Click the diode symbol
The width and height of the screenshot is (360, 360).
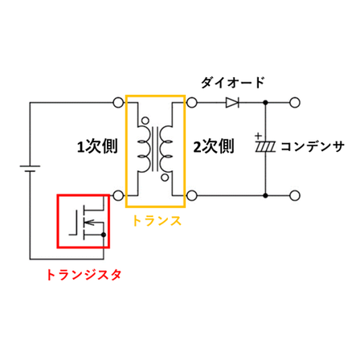coord(232,103)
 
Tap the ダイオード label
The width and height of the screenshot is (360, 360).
coord(233,83)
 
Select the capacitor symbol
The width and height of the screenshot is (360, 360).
coord(265,147)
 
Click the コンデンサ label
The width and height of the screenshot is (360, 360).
coord(313,147)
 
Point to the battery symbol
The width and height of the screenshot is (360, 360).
coord(30,169)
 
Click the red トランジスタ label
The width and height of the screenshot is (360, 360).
coord(84,275)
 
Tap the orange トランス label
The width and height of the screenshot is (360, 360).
coord(157,221)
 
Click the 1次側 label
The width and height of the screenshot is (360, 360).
coord(97,146)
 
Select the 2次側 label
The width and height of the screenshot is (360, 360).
coord(214,146)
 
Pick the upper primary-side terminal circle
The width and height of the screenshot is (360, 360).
coord(118,103)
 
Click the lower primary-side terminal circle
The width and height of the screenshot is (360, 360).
coord(118,195)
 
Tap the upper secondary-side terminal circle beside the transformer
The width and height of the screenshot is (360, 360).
coord(191,103)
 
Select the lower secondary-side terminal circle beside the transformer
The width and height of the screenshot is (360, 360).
coord(191,195)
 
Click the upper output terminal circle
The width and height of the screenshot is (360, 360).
coord(295,103)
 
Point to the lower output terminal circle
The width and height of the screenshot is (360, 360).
coord(295,195)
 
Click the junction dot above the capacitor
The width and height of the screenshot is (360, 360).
coord(265,103)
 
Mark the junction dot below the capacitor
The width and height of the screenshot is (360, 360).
coord(265,195)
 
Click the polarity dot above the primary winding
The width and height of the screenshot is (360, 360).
coord(145,121)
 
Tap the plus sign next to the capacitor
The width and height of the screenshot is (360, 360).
coord(258,136)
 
